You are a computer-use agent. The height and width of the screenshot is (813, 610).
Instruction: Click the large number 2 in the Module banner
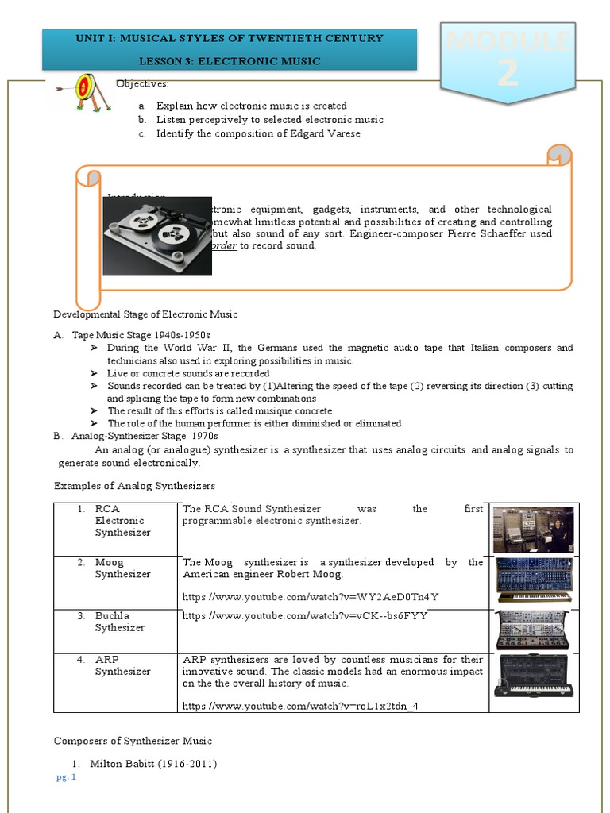[508, 73]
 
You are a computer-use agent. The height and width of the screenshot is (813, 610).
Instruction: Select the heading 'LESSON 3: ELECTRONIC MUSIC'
[230, 60]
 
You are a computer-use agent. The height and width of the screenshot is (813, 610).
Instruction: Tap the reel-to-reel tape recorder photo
[157, 236]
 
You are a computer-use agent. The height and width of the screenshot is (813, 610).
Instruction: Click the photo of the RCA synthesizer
[533, 529]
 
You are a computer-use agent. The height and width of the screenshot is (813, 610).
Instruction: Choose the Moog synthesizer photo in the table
[533, 580]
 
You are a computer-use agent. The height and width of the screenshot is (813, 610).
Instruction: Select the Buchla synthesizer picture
[533, 630]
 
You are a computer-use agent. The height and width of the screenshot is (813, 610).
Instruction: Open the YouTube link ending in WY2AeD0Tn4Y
[311, 597]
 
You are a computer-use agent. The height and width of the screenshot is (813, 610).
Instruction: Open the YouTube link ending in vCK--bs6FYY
[304, 615]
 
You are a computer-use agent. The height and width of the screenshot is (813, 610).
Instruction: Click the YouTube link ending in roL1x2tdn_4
[300, 705]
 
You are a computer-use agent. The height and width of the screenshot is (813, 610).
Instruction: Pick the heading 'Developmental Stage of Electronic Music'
[145, 314]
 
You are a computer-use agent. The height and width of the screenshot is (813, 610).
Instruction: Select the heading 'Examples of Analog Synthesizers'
[134, 485]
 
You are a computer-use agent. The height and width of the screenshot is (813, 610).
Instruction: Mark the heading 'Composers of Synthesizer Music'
[133, 741]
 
